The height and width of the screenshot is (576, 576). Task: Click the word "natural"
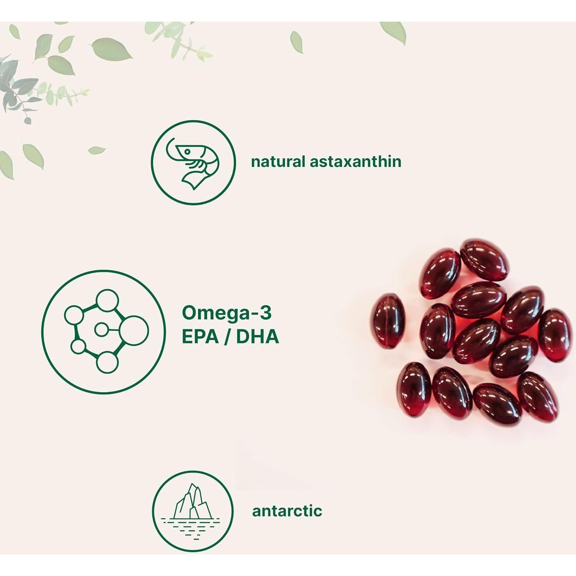click(x=278, y=162)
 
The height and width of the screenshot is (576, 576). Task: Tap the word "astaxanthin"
click(x=356, y=162)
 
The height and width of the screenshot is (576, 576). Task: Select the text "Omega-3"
click(x=227, y=313)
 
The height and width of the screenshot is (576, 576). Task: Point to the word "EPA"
click(x=200, y=337)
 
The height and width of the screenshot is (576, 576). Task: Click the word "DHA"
click(x=258, y=337)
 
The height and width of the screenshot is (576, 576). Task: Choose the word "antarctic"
click(x=287, y=511)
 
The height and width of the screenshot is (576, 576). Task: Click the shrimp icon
click(x=193, y=163)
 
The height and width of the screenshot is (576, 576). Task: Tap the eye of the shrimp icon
click(x=187, y=152)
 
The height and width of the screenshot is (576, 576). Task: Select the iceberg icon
click(x=193, y=502)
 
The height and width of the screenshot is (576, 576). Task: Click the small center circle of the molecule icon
click(x=100, y=330)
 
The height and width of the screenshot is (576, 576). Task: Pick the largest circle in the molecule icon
click(x=134, y=330)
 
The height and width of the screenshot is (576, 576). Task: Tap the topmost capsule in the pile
click(x=484, y=259)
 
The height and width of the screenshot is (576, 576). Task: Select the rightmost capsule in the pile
click(x=555, y=335)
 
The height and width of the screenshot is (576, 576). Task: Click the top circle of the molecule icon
click(x=107, y=300)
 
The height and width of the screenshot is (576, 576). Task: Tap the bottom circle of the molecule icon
click(x=107, y=362)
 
